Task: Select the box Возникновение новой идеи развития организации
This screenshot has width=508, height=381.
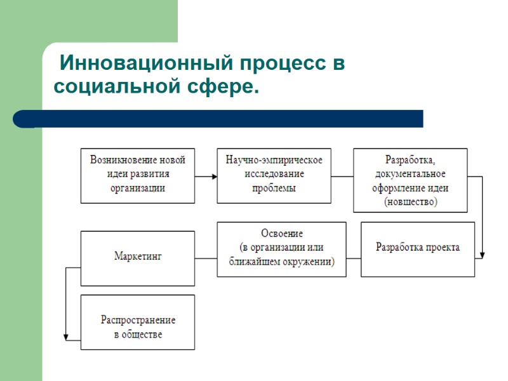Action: click(x=138, y=175)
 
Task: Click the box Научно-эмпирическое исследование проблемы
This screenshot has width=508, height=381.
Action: click(x=274, y=175)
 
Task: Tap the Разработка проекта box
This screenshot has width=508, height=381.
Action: click(x=417, y=248)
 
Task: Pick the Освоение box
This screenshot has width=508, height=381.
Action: click(x=281, y=248)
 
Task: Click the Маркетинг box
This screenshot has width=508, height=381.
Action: click(x=138, y=257)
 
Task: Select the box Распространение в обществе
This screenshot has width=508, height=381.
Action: click(x=138, y=322)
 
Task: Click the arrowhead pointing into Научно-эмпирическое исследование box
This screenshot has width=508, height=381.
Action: click(x=213, y=176)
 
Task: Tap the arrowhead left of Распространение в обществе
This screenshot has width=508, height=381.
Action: click(x=66, y=338)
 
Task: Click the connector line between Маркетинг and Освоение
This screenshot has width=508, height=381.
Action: click(x=206, y=258)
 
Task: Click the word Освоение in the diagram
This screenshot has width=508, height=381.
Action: click(x=282, y=234)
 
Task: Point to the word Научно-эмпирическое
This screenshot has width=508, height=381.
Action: click(x=274, y=159)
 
